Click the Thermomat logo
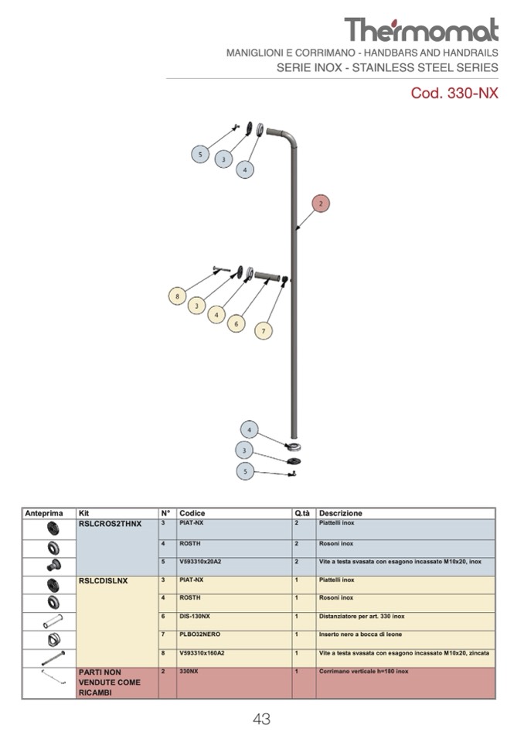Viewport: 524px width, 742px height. coord(421,29)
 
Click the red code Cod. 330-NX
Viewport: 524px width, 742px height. coord(454,94)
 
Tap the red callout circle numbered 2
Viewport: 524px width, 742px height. coord(322,203)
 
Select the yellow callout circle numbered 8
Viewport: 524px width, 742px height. coord(178,296)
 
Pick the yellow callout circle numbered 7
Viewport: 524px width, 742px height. coord(264,330)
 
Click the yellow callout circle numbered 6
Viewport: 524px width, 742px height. coord(237,324)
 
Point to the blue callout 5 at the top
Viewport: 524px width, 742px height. coord(200,155)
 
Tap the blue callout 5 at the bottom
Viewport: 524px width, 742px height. coord(245,470)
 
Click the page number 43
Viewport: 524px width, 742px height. coord(261,720)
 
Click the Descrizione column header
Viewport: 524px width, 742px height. coord(341,513)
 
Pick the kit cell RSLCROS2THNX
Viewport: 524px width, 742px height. coord(111,524)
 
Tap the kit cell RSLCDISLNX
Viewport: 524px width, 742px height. coord(104,580)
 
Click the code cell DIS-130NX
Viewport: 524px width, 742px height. coord(195,617)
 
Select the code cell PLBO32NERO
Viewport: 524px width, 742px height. coord(199,634)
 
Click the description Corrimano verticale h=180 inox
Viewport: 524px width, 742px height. coord(363,672)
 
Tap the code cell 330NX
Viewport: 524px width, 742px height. coord(189,672)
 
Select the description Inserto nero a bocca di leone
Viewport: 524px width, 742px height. coord(360,634)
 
